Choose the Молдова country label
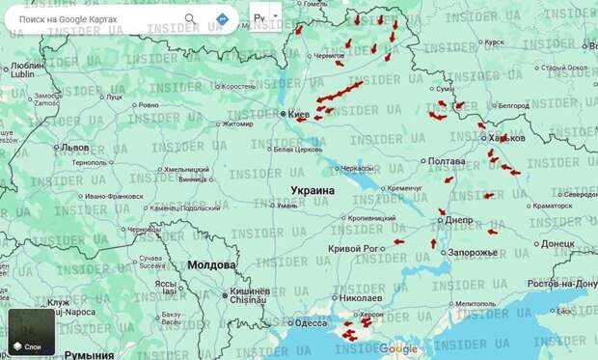coord(211,264)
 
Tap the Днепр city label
coord(459,219)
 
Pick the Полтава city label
coord(446,161)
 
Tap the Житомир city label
coord(237,124)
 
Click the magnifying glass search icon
coord(190,18)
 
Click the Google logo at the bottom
coord(398,348)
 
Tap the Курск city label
coord(494,42)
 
